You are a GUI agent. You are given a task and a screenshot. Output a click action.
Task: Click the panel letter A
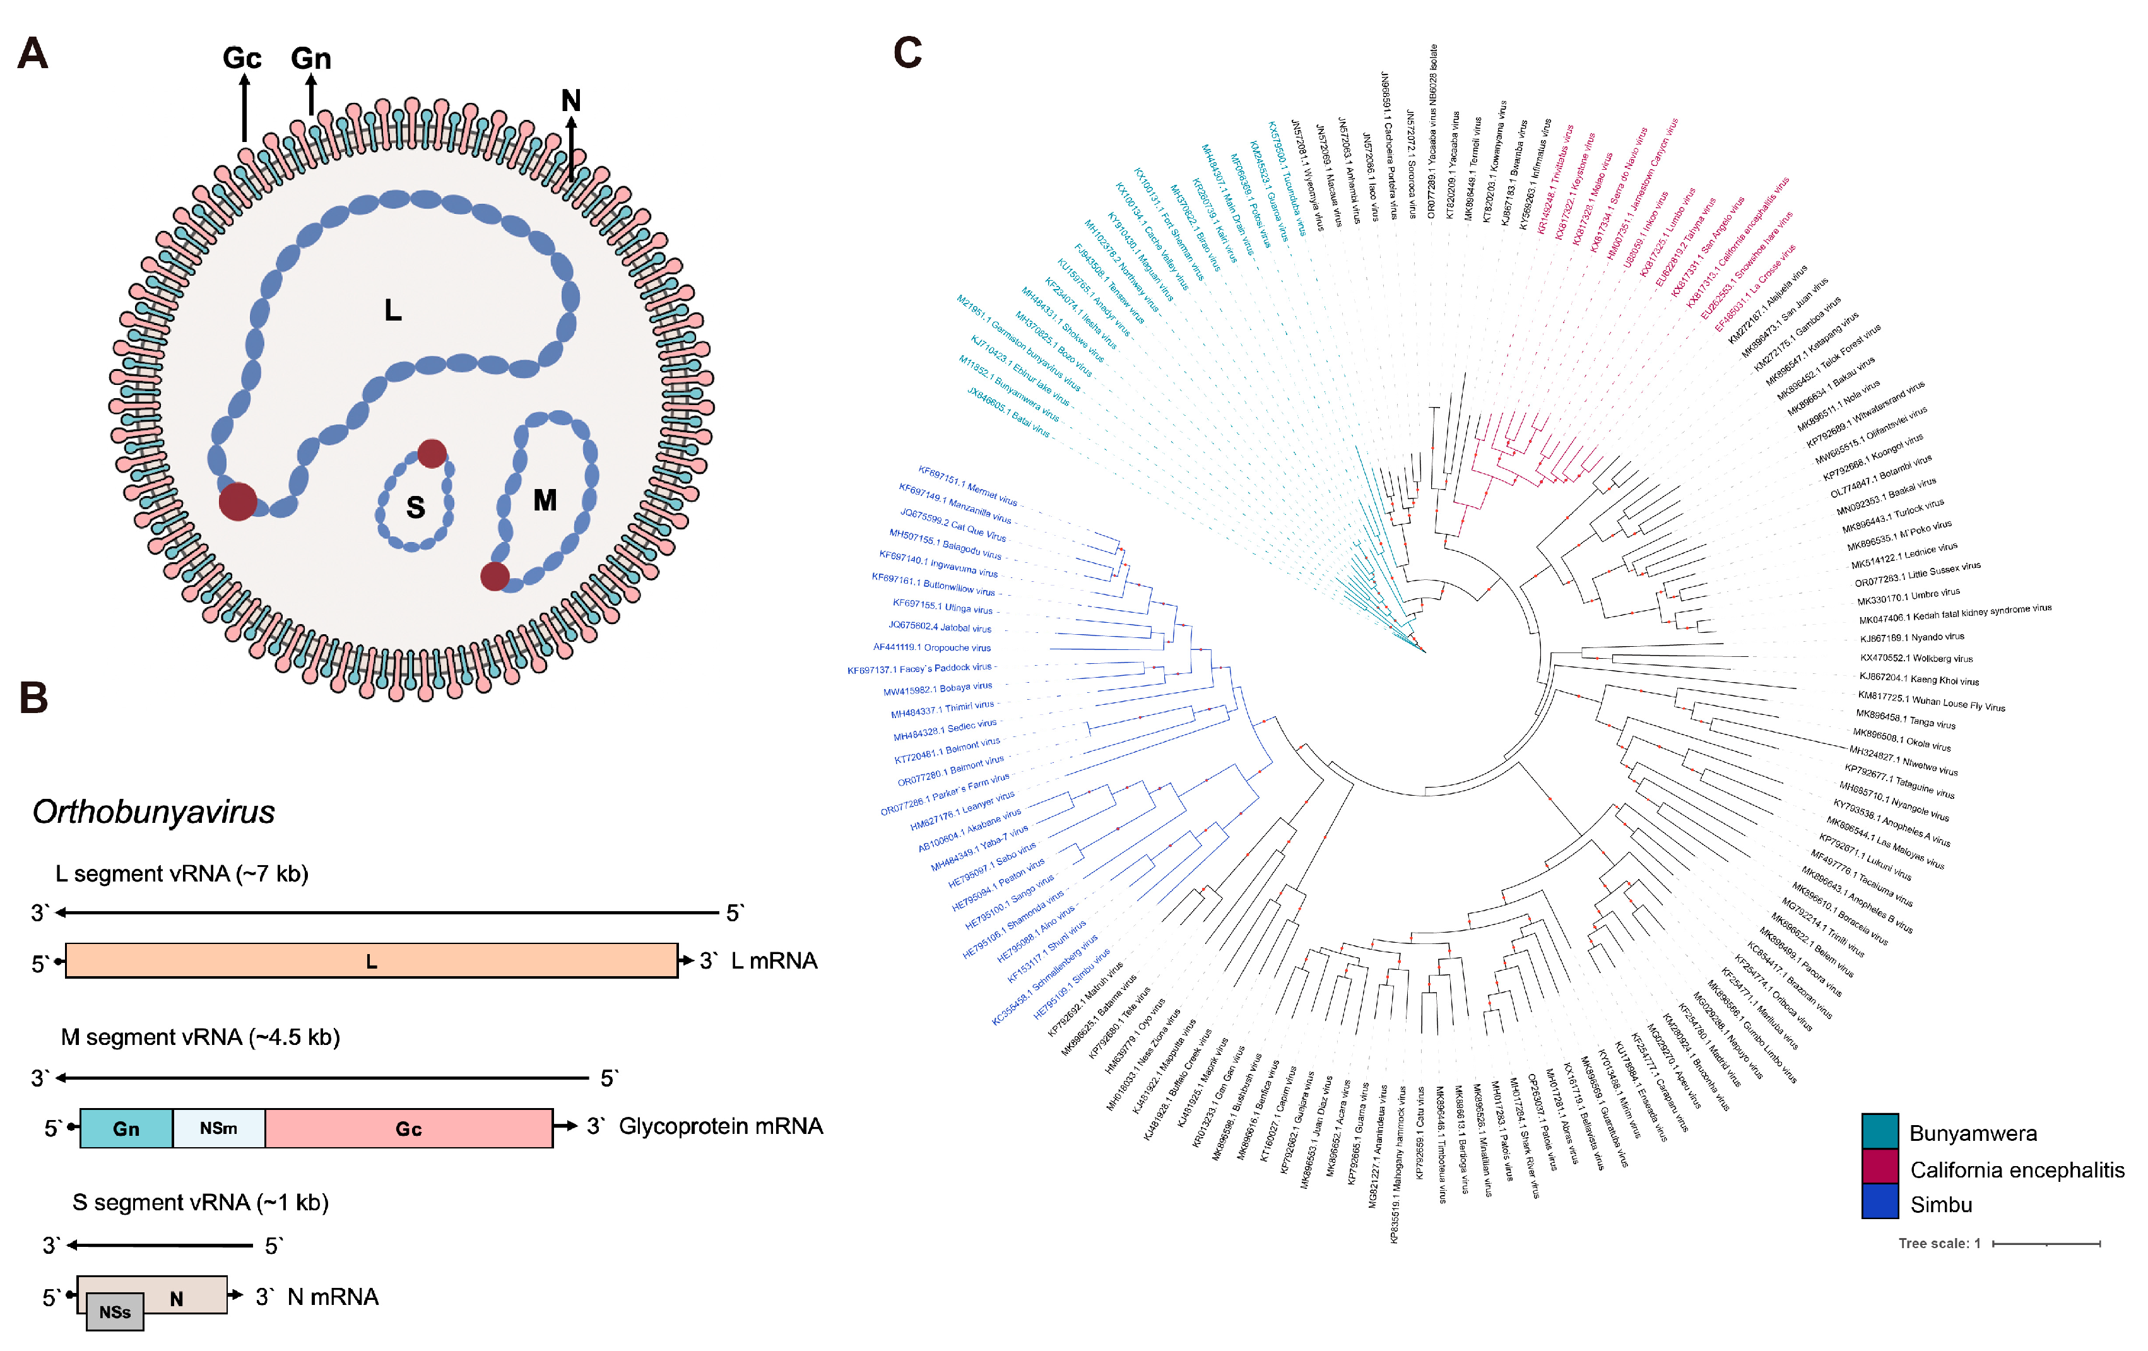click(x=32, y=54)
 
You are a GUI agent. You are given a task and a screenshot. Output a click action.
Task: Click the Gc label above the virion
click(x=242, y=59)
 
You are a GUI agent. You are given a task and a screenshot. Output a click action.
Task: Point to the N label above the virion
click(x=571, y=101)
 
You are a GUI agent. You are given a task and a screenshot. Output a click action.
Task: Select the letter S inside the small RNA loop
click(x=415, y=507)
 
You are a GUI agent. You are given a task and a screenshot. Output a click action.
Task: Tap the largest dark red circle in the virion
click(x=238, y=501)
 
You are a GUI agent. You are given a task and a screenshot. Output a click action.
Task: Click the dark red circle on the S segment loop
click(x=432, y=453)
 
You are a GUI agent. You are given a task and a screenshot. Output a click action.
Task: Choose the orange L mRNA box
click(x=371, y=960)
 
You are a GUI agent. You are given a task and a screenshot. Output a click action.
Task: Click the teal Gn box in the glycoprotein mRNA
click(x=126, y=1128)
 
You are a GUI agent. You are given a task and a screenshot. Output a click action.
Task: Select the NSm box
click(x=218, y=1128)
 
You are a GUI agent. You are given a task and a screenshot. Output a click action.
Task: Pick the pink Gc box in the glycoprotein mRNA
click(x=408, y=1128)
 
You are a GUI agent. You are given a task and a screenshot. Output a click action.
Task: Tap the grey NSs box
click(x=115, y=1312)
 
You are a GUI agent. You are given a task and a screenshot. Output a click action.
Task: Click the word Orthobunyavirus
click(x=153, y=811)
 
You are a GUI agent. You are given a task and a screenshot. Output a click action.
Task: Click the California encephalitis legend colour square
click(x=1879, y=1167)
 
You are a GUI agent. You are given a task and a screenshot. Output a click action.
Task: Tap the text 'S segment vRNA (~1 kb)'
click(x=200, y=1202)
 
